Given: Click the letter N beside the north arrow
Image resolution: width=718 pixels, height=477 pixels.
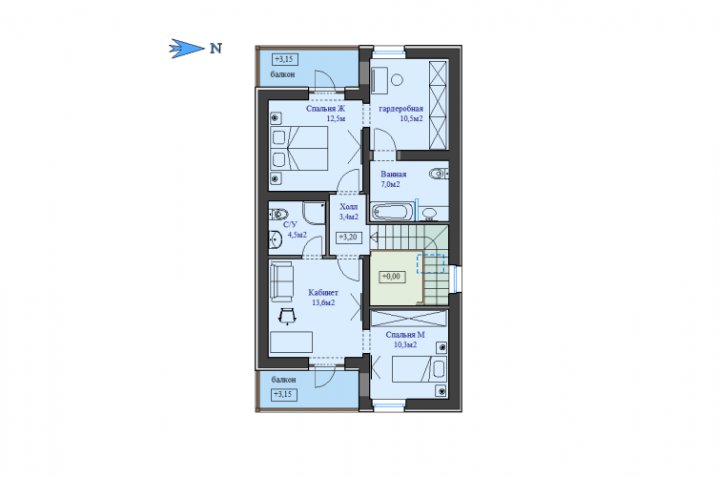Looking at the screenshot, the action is click(x=215, y=48).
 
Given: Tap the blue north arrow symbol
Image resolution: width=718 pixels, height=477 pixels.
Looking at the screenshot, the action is click(x=186, y=48).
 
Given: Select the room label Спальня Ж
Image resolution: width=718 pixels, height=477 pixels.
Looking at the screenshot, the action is click(x=325, y=109).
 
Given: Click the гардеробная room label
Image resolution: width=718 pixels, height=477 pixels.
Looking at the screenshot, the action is click(x=400, y=109).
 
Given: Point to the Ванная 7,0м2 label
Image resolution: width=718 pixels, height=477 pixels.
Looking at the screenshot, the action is click(x=393, y=179).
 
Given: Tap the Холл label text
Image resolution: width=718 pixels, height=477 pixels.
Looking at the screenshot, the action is click(x=348, y=207).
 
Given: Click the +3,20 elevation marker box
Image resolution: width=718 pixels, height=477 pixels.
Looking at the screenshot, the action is click(x=349, y=238).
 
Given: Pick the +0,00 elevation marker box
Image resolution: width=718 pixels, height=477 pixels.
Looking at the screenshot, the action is click(x=392, y=277).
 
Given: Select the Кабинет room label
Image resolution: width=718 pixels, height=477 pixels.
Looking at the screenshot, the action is click(x=323, y=292).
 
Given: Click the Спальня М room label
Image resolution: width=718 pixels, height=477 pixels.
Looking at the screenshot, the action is click(x=405, y=335).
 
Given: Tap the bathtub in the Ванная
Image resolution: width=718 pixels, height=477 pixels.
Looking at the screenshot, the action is click(x=392, y=213).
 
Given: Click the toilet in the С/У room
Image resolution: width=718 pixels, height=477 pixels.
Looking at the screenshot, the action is click(x=278, y=214).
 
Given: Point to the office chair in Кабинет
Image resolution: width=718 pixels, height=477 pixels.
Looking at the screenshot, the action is click(x=287, y=316).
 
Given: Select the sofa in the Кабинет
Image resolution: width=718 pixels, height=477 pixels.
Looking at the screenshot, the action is click(x=281, y=281).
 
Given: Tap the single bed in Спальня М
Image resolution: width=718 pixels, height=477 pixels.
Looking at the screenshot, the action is click(x=419, y=369).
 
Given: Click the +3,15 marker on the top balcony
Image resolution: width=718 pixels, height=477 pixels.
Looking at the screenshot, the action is click(x=285, y=59).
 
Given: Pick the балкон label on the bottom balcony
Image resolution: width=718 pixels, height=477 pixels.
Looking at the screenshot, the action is click(x=283, y=380).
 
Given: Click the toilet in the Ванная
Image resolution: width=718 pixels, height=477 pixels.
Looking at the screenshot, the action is click(x=440, y=174).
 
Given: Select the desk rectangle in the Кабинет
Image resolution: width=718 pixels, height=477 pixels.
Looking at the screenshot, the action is click(x=291, y=342).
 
